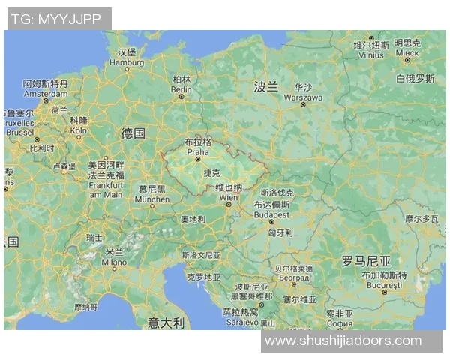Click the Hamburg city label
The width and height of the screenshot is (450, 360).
127,63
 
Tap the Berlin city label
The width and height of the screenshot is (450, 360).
181,88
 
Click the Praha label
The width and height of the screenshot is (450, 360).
198,151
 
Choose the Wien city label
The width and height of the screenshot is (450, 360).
228,198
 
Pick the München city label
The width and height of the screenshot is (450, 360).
152,199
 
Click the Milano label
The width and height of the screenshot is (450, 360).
114,262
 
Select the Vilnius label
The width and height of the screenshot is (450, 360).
371,55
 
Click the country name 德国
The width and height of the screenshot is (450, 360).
133,133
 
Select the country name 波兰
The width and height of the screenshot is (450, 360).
265,87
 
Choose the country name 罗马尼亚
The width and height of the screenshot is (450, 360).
366,261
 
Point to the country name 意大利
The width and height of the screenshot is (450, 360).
166,322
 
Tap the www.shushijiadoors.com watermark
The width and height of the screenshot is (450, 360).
343,340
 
